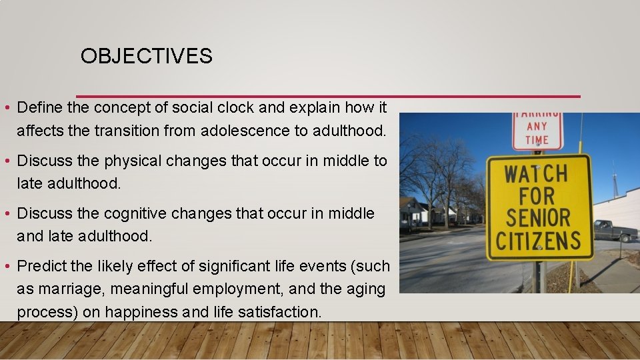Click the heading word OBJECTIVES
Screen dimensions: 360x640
[x=146, y=57]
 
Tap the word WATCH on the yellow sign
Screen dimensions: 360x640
[x=536, y=174]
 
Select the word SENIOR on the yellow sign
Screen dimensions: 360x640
[x=538, y=218]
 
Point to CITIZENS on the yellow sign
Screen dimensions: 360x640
[x=539, y=241]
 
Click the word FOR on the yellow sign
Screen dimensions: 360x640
[x=537, y=196]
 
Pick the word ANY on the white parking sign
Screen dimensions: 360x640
[x=537, y=126]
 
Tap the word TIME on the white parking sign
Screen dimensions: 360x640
[x=537, y=140]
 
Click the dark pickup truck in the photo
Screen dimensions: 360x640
[x=615, y=231]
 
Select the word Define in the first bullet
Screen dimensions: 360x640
[x=39, y=107]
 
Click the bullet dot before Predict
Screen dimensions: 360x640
[x=6, y=267]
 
